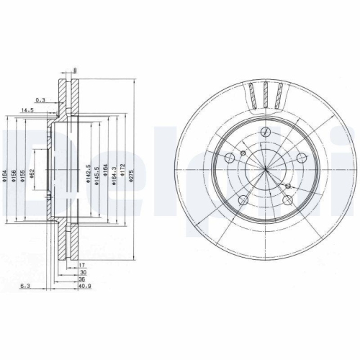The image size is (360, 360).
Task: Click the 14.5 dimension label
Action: [x=27, y=110]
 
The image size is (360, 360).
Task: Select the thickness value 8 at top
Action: [x=75, y=71]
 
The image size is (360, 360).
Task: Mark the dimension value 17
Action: [x=83, y=266]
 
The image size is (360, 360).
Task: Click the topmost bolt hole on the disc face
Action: [x=265, y=132]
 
